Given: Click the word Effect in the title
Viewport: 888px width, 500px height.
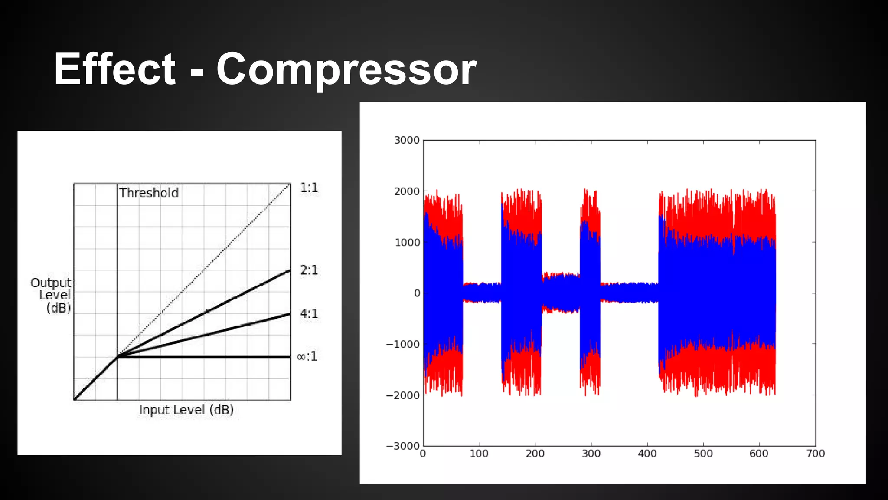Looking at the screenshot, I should pyautogui.click(x=114, y=69).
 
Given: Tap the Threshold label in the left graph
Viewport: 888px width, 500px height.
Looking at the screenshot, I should pyautogui.click(x=149, y=193).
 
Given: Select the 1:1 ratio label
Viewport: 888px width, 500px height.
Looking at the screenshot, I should pyautogui.click(x=309, y=188).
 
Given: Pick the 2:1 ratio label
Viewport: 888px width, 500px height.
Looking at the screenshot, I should pyautogui.click(x=309, y=270).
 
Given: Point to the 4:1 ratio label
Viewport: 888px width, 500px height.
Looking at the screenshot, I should pyautogui.click(x=309, y=313).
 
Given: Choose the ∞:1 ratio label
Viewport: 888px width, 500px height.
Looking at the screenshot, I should pyautogui.click(x=307, y=356).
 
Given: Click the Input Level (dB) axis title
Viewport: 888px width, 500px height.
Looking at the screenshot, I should pyautogui.click(x=186, y=410).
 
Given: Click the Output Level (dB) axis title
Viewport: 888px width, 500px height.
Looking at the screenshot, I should pyautogui.click(x=52, y=295).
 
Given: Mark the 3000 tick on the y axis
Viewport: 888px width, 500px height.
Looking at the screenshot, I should pyautogui.click(x=407, y=140).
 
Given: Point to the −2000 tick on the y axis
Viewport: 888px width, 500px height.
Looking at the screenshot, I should pyautogui.click(x=403, y=395).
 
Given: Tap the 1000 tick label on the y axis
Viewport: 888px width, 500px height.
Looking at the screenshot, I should pyautogui.click(x=407, y=242).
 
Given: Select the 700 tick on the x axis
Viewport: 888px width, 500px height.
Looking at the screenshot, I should pyautogui.click(x=815, y=454).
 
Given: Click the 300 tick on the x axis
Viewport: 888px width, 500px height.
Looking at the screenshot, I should pyautogui.click(x=591, y=454).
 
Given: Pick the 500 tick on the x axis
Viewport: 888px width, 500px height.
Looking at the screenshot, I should pyautogui.click(x=703, y=454).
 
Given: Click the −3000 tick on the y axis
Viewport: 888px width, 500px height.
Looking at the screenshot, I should pyautogui.click(x=403, y=446).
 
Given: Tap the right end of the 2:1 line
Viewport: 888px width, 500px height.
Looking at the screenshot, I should pyautogui.click(x=289, y=270).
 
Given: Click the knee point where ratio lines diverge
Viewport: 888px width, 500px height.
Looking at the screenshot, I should pyautogui.click(x=117, y=357).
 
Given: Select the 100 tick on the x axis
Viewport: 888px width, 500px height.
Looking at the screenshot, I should pyautogui.click(x=479, y=454).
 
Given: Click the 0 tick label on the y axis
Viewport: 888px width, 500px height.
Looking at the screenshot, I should pyautogui.click(x=417, y=293).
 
